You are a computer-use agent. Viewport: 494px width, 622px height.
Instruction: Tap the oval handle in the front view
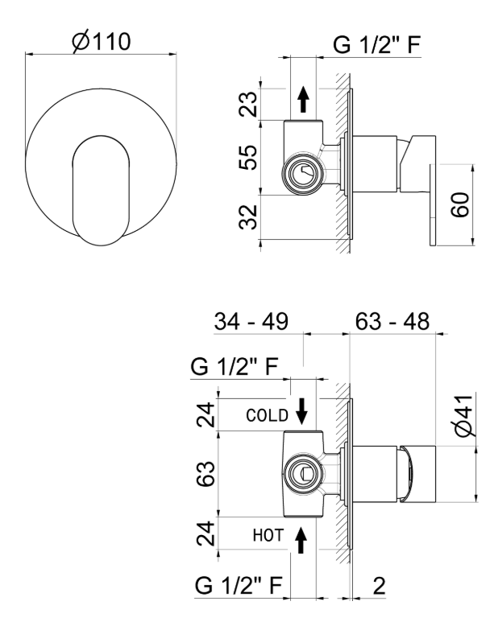[101, 189]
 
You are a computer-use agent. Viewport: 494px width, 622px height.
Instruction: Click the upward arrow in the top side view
[303, 101]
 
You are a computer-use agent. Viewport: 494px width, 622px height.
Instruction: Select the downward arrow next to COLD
[301, 412]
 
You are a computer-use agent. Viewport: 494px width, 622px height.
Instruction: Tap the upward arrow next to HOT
[301, 538]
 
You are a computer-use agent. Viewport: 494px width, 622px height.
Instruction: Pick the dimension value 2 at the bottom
[377, 586]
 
